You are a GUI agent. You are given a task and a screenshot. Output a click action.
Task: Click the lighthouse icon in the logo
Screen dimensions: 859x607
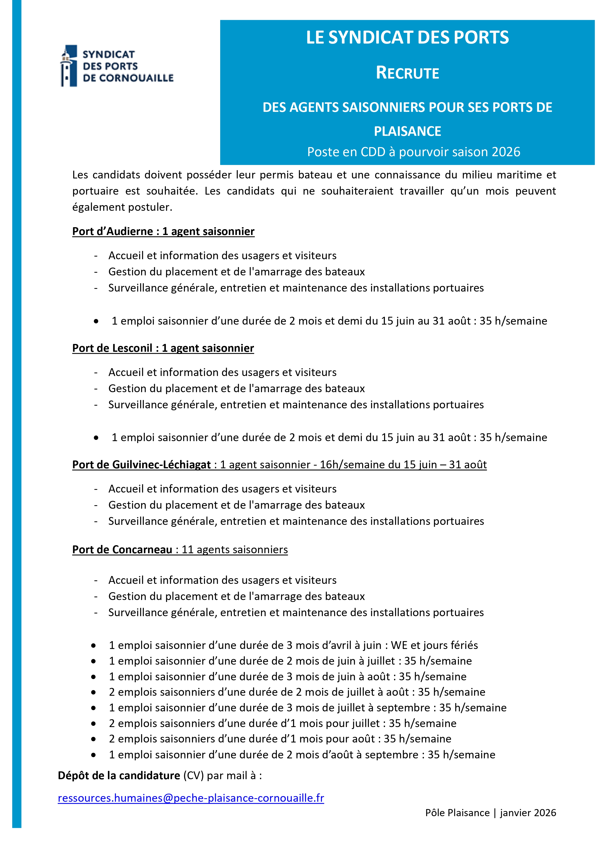(69, 66)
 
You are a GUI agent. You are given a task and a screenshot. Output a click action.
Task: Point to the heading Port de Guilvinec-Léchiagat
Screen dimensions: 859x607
(141, 464)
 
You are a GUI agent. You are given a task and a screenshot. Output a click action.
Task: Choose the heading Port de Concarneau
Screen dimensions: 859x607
(122, 549)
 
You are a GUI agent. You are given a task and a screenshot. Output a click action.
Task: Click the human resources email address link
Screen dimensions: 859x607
(191, 798)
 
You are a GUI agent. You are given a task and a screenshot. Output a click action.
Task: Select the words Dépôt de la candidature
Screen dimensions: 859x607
(119, 776)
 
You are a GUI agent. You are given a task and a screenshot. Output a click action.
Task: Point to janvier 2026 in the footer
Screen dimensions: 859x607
(528, 812)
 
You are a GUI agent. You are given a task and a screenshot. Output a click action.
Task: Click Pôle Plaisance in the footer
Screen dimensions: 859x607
(457, 812)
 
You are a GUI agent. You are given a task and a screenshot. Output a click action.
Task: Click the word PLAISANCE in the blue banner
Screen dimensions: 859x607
(407, 131)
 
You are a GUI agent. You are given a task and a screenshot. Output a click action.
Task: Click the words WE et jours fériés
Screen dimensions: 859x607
(434, 645)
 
